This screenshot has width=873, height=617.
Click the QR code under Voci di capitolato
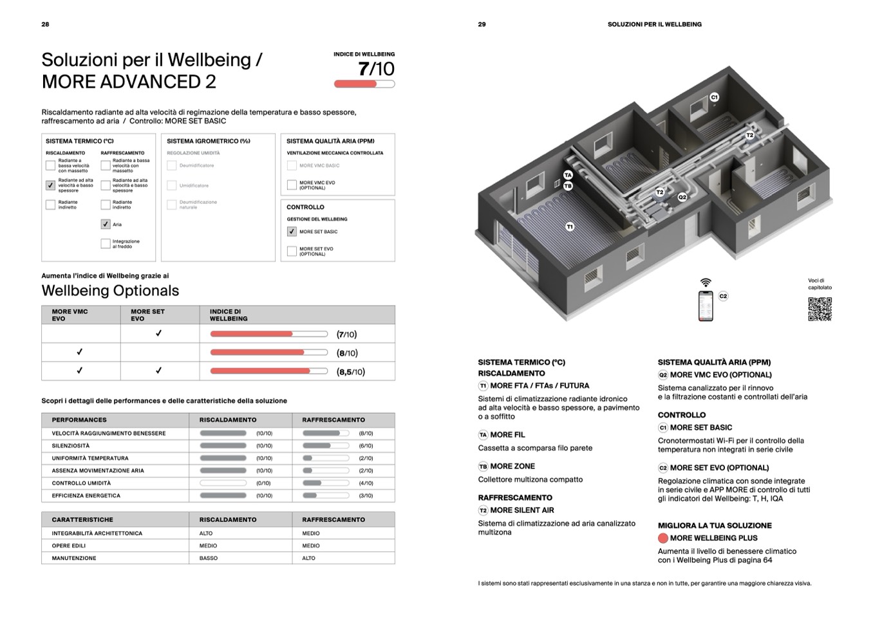point(820,309)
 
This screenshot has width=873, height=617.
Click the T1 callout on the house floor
point(570,226)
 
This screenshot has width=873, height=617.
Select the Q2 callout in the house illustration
point(682,197)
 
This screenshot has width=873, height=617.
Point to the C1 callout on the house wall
point(714,97)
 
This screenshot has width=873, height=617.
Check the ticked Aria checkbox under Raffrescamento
point(106,225)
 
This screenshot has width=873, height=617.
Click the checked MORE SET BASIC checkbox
point(292,232)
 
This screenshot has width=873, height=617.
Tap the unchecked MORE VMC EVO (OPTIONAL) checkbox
point(292,185)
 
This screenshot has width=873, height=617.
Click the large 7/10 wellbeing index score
point(376,69)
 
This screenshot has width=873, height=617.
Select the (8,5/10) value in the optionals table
point(351,372)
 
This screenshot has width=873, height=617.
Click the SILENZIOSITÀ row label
point(71,446)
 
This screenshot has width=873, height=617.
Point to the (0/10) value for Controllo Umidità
point(263,483)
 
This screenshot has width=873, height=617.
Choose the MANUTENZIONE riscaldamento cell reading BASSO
point(209,558)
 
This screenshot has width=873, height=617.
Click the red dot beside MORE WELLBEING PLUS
point(662,539)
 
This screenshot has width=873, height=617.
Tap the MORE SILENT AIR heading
point(521,510)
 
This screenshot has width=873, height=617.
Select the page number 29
point(482,24)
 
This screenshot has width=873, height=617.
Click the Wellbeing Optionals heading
point(110,291)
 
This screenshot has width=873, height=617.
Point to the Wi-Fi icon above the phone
point(706,282)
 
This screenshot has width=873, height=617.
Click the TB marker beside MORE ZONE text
point(483,466)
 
